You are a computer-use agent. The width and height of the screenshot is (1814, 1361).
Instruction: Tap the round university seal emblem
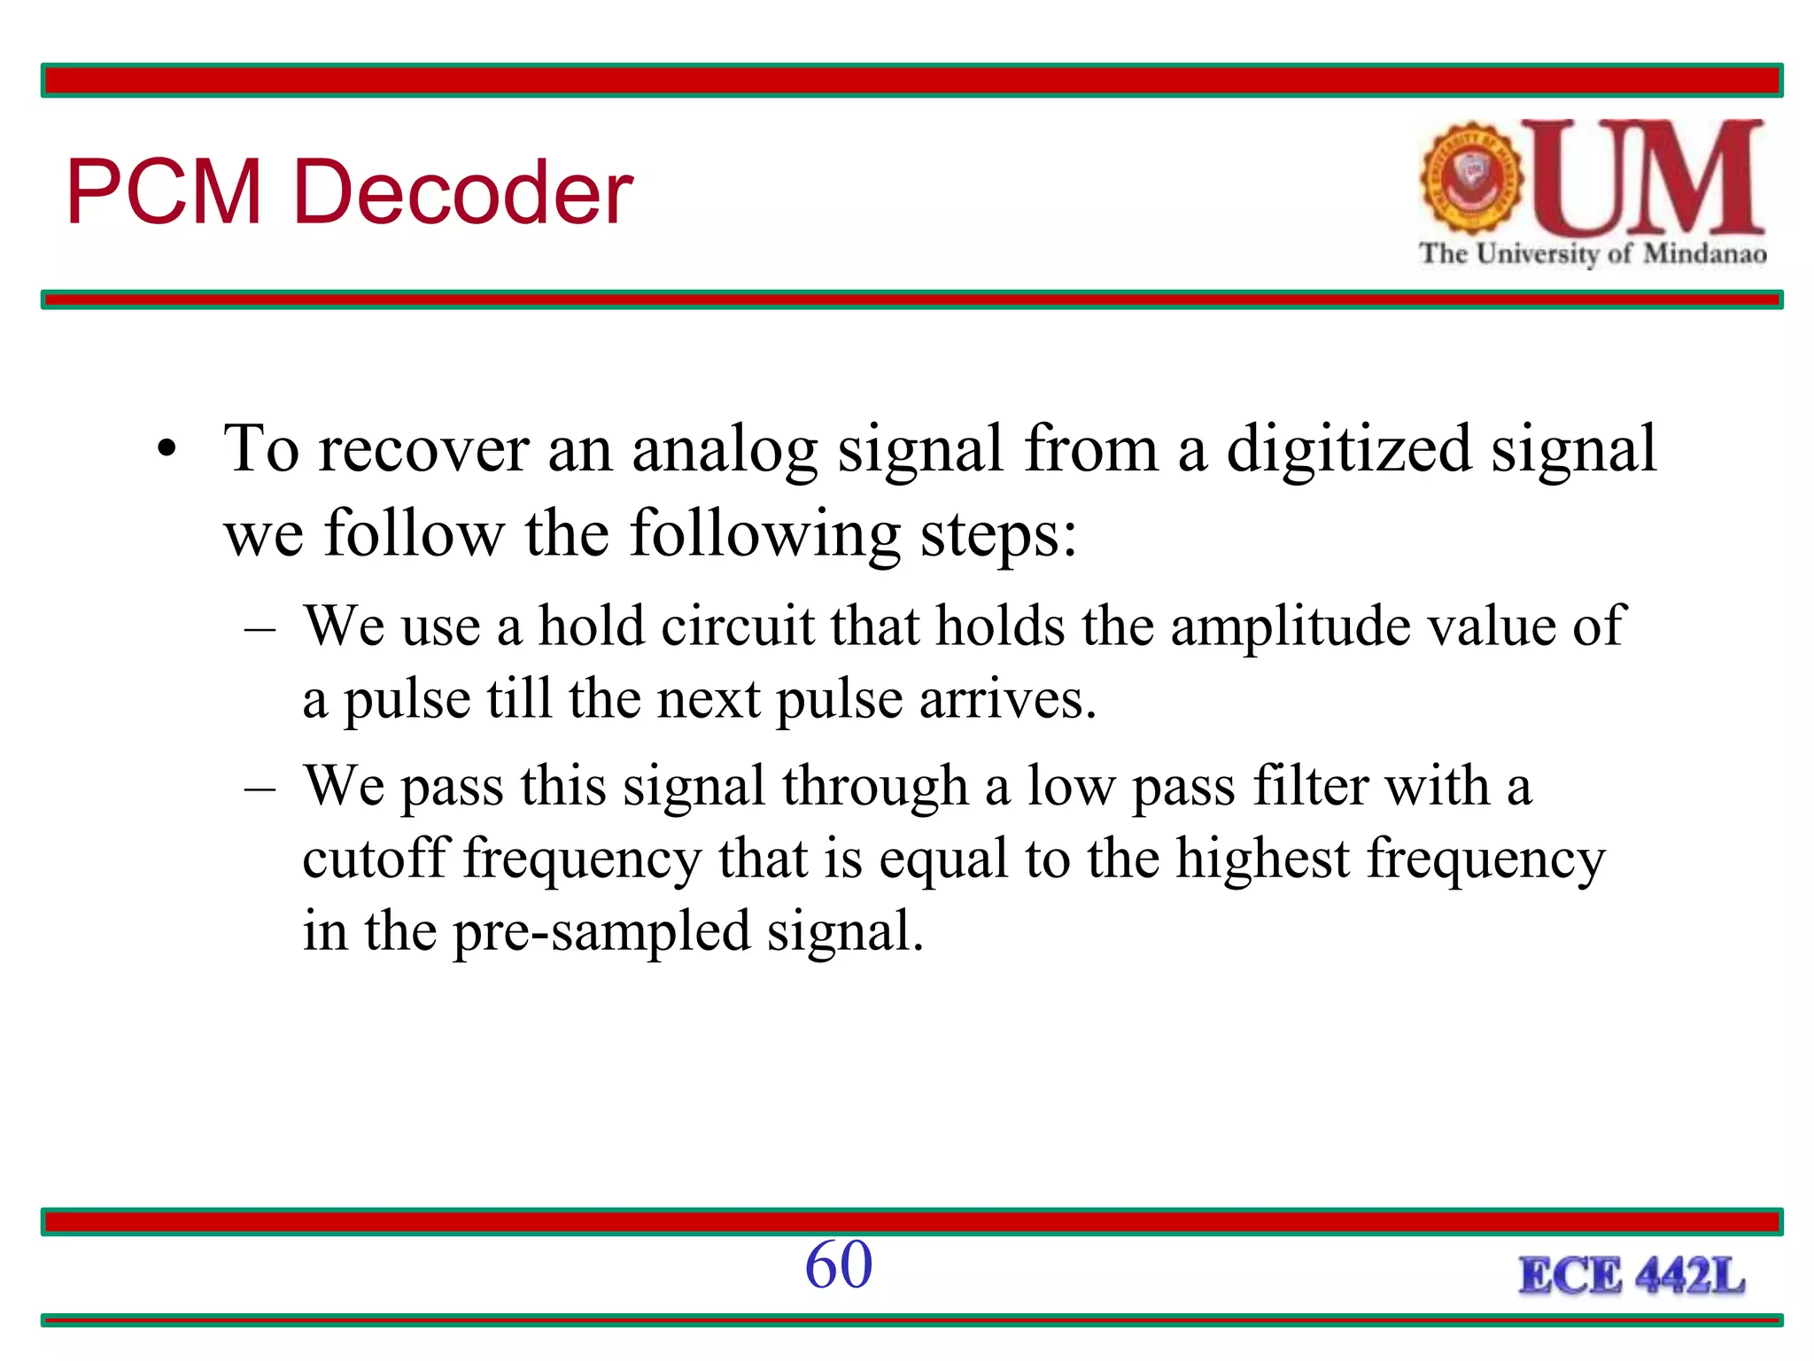coord(1471,178)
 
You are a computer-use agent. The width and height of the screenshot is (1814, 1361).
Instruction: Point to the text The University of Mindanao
coord(1593,254)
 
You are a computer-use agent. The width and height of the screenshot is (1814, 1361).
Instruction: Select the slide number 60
coord(838,1264)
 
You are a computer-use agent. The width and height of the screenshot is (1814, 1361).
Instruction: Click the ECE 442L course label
coord(1632,1276)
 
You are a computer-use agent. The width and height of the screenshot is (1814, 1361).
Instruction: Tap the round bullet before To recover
coord(167,451)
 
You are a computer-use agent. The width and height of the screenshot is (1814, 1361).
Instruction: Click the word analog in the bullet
coord(724,450)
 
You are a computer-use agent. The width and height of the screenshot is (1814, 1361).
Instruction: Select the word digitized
coord(1348,448)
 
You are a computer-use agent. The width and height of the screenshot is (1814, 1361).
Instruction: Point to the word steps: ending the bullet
coord(998,535)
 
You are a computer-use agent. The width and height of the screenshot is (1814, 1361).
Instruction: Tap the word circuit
coord(737,626)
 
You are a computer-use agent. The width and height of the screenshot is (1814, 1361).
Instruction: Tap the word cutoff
coord(376,858)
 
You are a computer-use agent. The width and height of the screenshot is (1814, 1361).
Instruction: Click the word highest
coord(1262,858)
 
